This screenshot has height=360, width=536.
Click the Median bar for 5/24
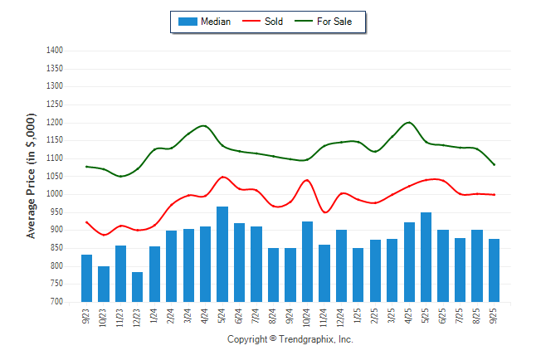pos(222,255)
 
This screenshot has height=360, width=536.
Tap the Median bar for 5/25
pos(426,257)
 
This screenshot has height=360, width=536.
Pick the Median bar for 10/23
pos(104,284)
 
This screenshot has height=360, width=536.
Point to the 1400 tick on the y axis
pos(54,51)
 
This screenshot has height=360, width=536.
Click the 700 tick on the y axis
pos(56,302)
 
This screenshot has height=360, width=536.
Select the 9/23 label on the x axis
pos(87,316)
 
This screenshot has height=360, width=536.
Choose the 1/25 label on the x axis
pos(358,316)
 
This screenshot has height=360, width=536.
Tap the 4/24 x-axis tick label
pos(206,316)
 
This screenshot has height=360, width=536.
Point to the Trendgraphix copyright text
pos(290,339)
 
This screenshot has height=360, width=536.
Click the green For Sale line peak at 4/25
pos(408,123)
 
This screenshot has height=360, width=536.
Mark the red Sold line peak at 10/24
pos(307,180)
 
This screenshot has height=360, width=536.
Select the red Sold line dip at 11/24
pos(324,212)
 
